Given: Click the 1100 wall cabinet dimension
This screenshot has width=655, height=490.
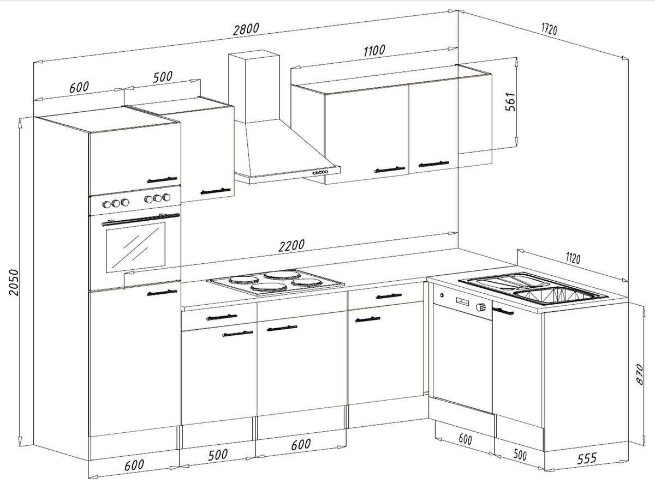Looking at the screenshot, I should (x=374, y=51).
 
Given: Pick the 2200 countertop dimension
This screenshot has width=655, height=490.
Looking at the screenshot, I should (x=291, y=246).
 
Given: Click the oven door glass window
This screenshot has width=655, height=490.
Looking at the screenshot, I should (x=135, y=247).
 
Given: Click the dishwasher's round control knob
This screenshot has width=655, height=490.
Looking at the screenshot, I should (x=481, y=306).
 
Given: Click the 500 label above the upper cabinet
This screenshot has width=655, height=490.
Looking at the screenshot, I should (x=162, y=77).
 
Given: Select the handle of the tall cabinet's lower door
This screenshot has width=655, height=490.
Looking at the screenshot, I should (x=163, y=293).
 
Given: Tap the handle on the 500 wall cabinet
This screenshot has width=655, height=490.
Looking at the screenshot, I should (x=215, y=190).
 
